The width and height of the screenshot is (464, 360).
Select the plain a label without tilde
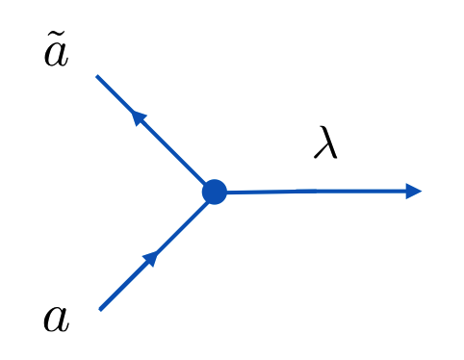point(56,319)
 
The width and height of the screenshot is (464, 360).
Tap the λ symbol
point(326,143)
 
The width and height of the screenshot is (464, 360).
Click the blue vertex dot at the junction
point(215,193)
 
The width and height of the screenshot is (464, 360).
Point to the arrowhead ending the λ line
point(413,191)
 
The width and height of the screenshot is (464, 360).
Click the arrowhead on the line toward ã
point(139,117)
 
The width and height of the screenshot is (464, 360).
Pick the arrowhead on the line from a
point(150,257)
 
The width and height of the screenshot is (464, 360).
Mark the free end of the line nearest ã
point(97,76)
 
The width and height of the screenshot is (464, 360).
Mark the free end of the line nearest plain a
point(100,309)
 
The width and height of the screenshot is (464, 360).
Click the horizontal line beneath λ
point(318,192)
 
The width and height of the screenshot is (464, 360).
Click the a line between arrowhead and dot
point(183,224)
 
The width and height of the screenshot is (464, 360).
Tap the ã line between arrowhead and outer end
point(116,94)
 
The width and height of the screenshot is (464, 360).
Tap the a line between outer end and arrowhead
point(122,286)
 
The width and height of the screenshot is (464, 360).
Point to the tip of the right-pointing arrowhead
point(422,191)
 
